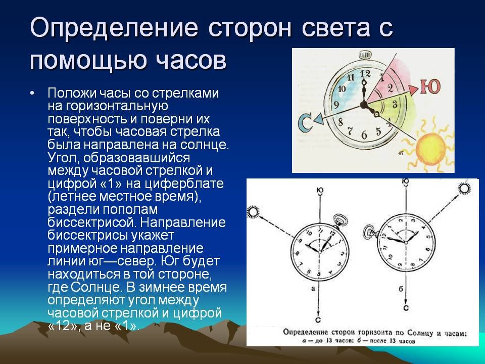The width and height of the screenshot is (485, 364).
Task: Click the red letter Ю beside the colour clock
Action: pos(430,86)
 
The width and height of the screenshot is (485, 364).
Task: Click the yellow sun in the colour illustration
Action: pos(430,148)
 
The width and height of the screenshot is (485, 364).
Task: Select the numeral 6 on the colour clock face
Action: pos(364,135)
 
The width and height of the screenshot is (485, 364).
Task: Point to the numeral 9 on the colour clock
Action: pos(336,105)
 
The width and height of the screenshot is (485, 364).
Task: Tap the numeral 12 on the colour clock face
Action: pos(365,74)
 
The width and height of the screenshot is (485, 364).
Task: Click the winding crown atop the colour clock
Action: pos(365,55)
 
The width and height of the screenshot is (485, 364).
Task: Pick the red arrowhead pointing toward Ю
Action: pos(414,89)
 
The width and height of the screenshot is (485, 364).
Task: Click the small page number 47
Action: pos(401,153)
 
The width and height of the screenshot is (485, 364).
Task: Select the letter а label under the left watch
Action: pos(313,289)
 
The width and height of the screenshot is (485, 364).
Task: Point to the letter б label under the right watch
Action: pos(401,289)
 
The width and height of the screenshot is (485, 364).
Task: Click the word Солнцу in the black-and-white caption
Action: pos(419,333)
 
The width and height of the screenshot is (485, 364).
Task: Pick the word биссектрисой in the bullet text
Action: pos(92,222)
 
